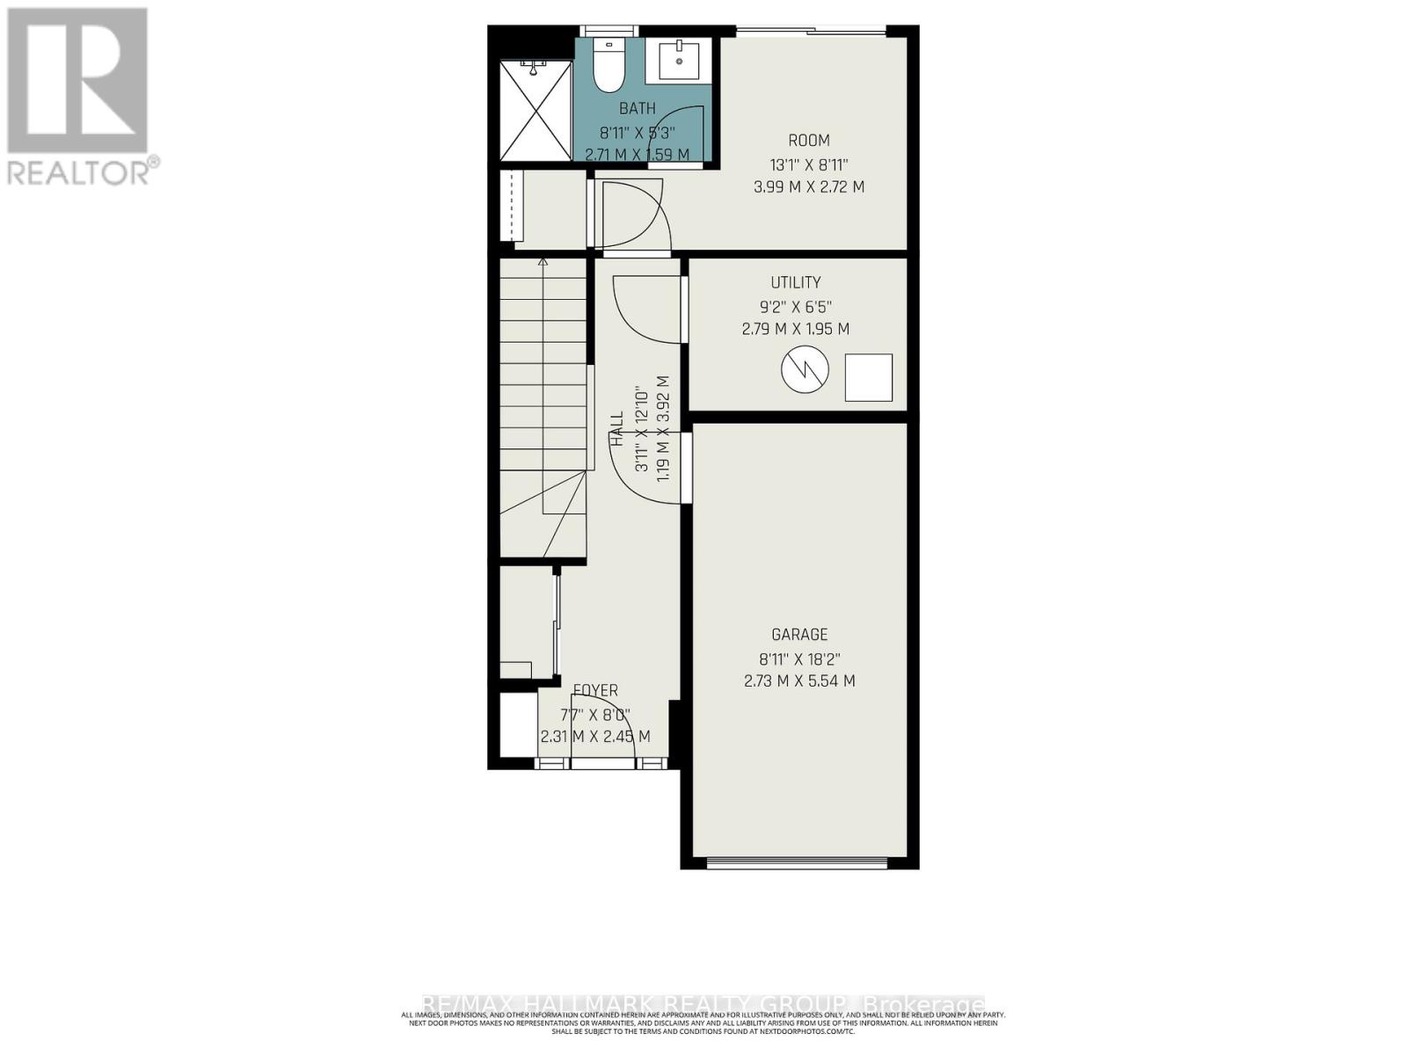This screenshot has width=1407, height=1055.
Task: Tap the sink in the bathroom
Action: [679, 61]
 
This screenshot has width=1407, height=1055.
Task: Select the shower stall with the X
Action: [536, 111]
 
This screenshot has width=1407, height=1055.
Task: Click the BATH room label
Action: [637, 109]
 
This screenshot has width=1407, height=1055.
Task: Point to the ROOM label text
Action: [808, 141]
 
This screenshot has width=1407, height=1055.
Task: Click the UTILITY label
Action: [796, 282]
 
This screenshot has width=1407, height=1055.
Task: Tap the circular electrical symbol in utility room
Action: [805, 370]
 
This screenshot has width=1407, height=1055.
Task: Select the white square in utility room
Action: [869, 377]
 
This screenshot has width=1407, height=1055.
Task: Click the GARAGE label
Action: [799, 635]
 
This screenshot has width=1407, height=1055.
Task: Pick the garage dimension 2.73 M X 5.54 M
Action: [799, 680]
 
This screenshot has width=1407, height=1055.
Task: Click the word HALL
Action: [617, 431]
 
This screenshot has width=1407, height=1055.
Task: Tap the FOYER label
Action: [595, 691]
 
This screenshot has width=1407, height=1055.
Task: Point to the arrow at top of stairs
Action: [543, 261]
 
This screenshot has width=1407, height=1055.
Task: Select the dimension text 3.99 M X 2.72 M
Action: [808, 187]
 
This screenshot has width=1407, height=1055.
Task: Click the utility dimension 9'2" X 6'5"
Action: [796, 307]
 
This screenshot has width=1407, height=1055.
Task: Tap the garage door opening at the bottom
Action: [799, 862]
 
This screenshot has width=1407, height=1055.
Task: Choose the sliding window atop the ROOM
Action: [811, 33]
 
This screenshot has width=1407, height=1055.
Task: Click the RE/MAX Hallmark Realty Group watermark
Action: [703, 1004]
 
